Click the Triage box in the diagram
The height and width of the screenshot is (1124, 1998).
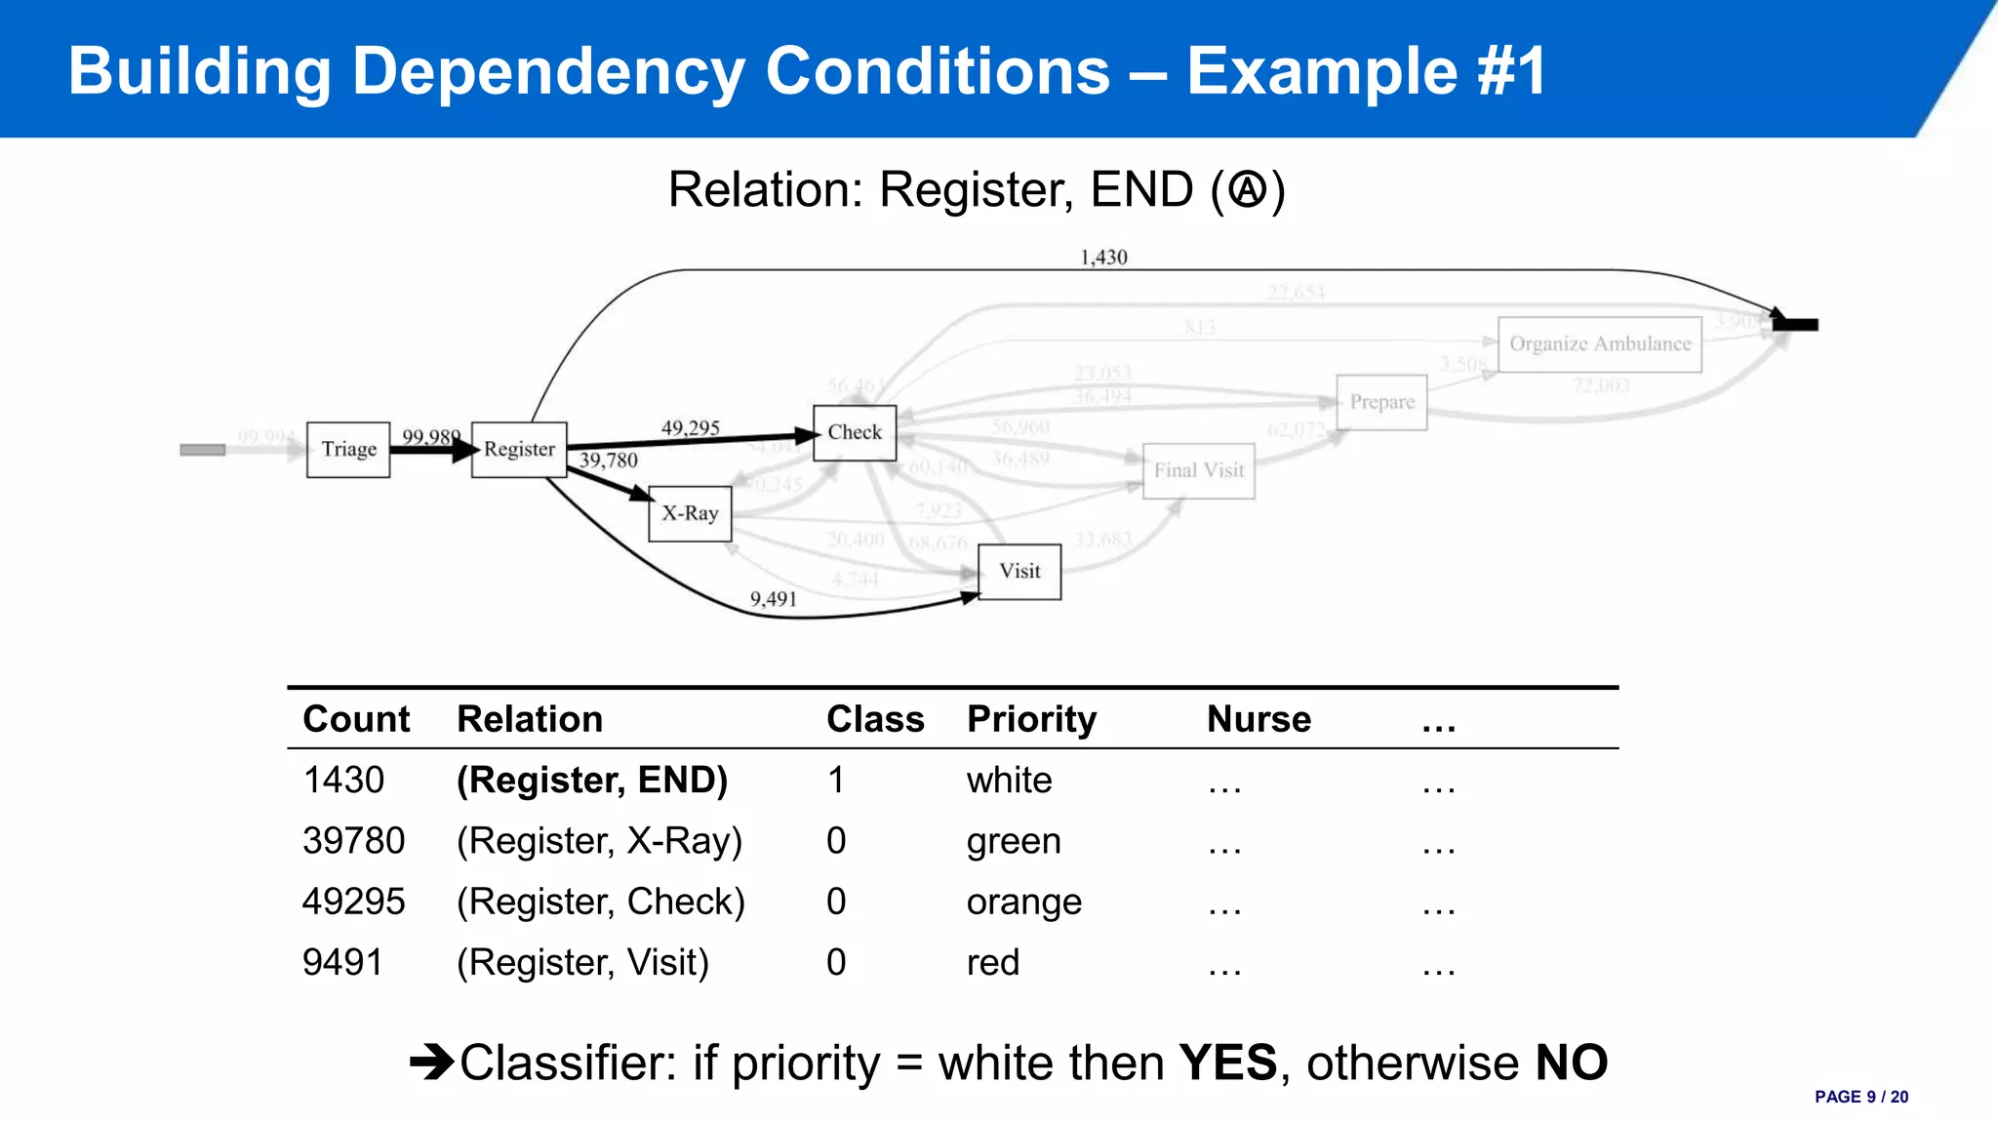coord(348,450)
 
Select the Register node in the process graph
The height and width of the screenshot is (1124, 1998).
coord(519,450)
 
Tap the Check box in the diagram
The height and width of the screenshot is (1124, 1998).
coord(855,432)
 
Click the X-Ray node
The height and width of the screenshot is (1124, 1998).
coord(690,513)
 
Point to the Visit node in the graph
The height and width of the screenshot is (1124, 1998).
coord(1019,572)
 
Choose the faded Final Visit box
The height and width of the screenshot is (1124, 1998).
coord(1198,471)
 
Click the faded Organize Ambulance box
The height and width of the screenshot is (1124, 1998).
coord(1599,344)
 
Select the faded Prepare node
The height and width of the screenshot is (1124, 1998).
coord(1381,402)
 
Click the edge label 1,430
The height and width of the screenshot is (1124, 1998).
coord(1103,258)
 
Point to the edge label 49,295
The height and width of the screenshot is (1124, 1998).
coord(690,428)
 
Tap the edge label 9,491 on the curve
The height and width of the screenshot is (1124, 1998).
coord(773,599)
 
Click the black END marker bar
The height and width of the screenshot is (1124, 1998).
coord(1796,325)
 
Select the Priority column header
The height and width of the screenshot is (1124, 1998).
coord(1031,719)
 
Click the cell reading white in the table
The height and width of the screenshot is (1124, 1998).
coord(1009,781)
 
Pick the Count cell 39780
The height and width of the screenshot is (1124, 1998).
coord(353,841)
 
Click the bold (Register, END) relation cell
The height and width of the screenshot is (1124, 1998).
coord(592,781)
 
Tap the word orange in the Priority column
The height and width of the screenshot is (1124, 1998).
coord(1023,903)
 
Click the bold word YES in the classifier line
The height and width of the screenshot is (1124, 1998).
coord(1227,1063)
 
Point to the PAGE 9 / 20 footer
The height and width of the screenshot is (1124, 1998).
coord(1860,1097)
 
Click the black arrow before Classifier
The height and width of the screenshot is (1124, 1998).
coord(432,1062)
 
